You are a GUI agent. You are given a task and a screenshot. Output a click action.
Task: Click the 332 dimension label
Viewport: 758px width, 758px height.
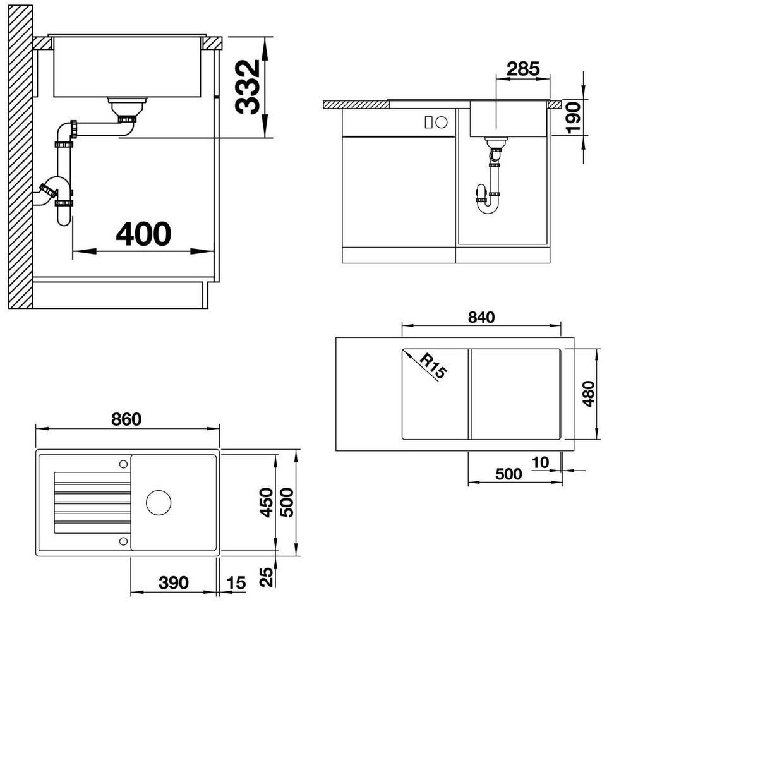click(247, 87)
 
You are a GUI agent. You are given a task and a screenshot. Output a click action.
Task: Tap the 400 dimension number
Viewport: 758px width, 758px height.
click(143, 234)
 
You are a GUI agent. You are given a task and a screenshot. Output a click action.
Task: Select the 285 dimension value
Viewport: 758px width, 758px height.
click(523, 69)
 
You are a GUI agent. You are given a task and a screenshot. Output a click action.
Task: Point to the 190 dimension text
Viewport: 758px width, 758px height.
click(574, 117)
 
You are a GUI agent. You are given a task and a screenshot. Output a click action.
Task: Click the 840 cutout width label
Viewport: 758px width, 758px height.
click(481, 318)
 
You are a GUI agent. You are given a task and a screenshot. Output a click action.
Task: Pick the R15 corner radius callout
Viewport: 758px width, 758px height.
click(433, 366)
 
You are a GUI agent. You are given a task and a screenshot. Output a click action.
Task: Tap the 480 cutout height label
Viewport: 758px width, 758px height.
click(588, 394)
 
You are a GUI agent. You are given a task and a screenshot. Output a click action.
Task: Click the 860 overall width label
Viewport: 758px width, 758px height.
click(126, 419)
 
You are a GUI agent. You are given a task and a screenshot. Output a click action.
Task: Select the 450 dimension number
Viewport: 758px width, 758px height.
click(267, 502)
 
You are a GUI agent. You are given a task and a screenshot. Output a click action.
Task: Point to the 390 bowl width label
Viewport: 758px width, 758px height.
click(174, 582)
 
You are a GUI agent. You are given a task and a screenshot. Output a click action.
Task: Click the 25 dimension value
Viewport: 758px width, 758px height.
click(267, 577)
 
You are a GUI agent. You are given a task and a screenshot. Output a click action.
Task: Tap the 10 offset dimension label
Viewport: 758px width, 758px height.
click(540, 462)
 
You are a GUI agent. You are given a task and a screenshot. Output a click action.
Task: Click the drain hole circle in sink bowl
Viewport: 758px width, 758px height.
click(159, 502)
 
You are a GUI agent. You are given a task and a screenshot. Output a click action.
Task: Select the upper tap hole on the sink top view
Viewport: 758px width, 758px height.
click(123, 464)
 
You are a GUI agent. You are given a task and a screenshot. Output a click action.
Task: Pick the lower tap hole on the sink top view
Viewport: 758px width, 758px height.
click(123, 541)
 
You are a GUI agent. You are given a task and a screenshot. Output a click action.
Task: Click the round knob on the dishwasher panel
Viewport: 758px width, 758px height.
click(442, 122)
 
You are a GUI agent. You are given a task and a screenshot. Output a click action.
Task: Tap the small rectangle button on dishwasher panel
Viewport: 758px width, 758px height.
click(428, 122)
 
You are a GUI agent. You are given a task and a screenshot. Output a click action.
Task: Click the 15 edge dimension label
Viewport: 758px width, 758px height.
click(236, 583)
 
